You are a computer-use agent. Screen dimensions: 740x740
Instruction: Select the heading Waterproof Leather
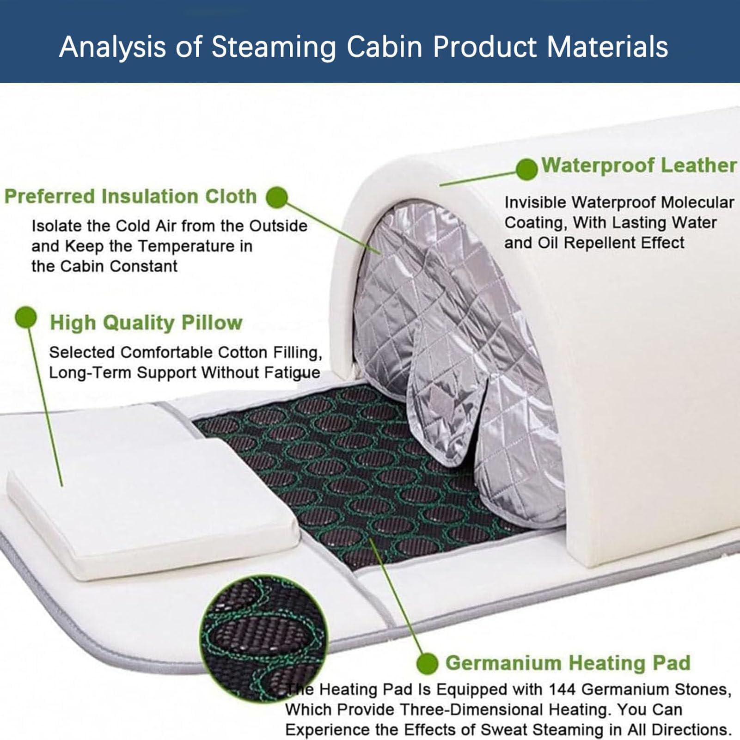639,165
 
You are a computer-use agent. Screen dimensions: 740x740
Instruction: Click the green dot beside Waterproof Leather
526,169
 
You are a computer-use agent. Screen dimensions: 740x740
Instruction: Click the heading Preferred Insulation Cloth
130,196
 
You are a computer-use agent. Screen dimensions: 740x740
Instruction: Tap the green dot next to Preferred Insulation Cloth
276,197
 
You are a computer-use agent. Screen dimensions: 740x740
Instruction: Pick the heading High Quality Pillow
146,322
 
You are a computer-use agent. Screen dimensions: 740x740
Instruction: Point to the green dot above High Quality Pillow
26,318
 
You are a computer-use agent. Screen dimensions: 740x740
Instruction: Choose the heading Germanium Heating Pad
568,663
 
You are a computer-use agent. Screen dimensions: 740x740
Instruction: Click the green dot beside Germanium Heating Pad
427,664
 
